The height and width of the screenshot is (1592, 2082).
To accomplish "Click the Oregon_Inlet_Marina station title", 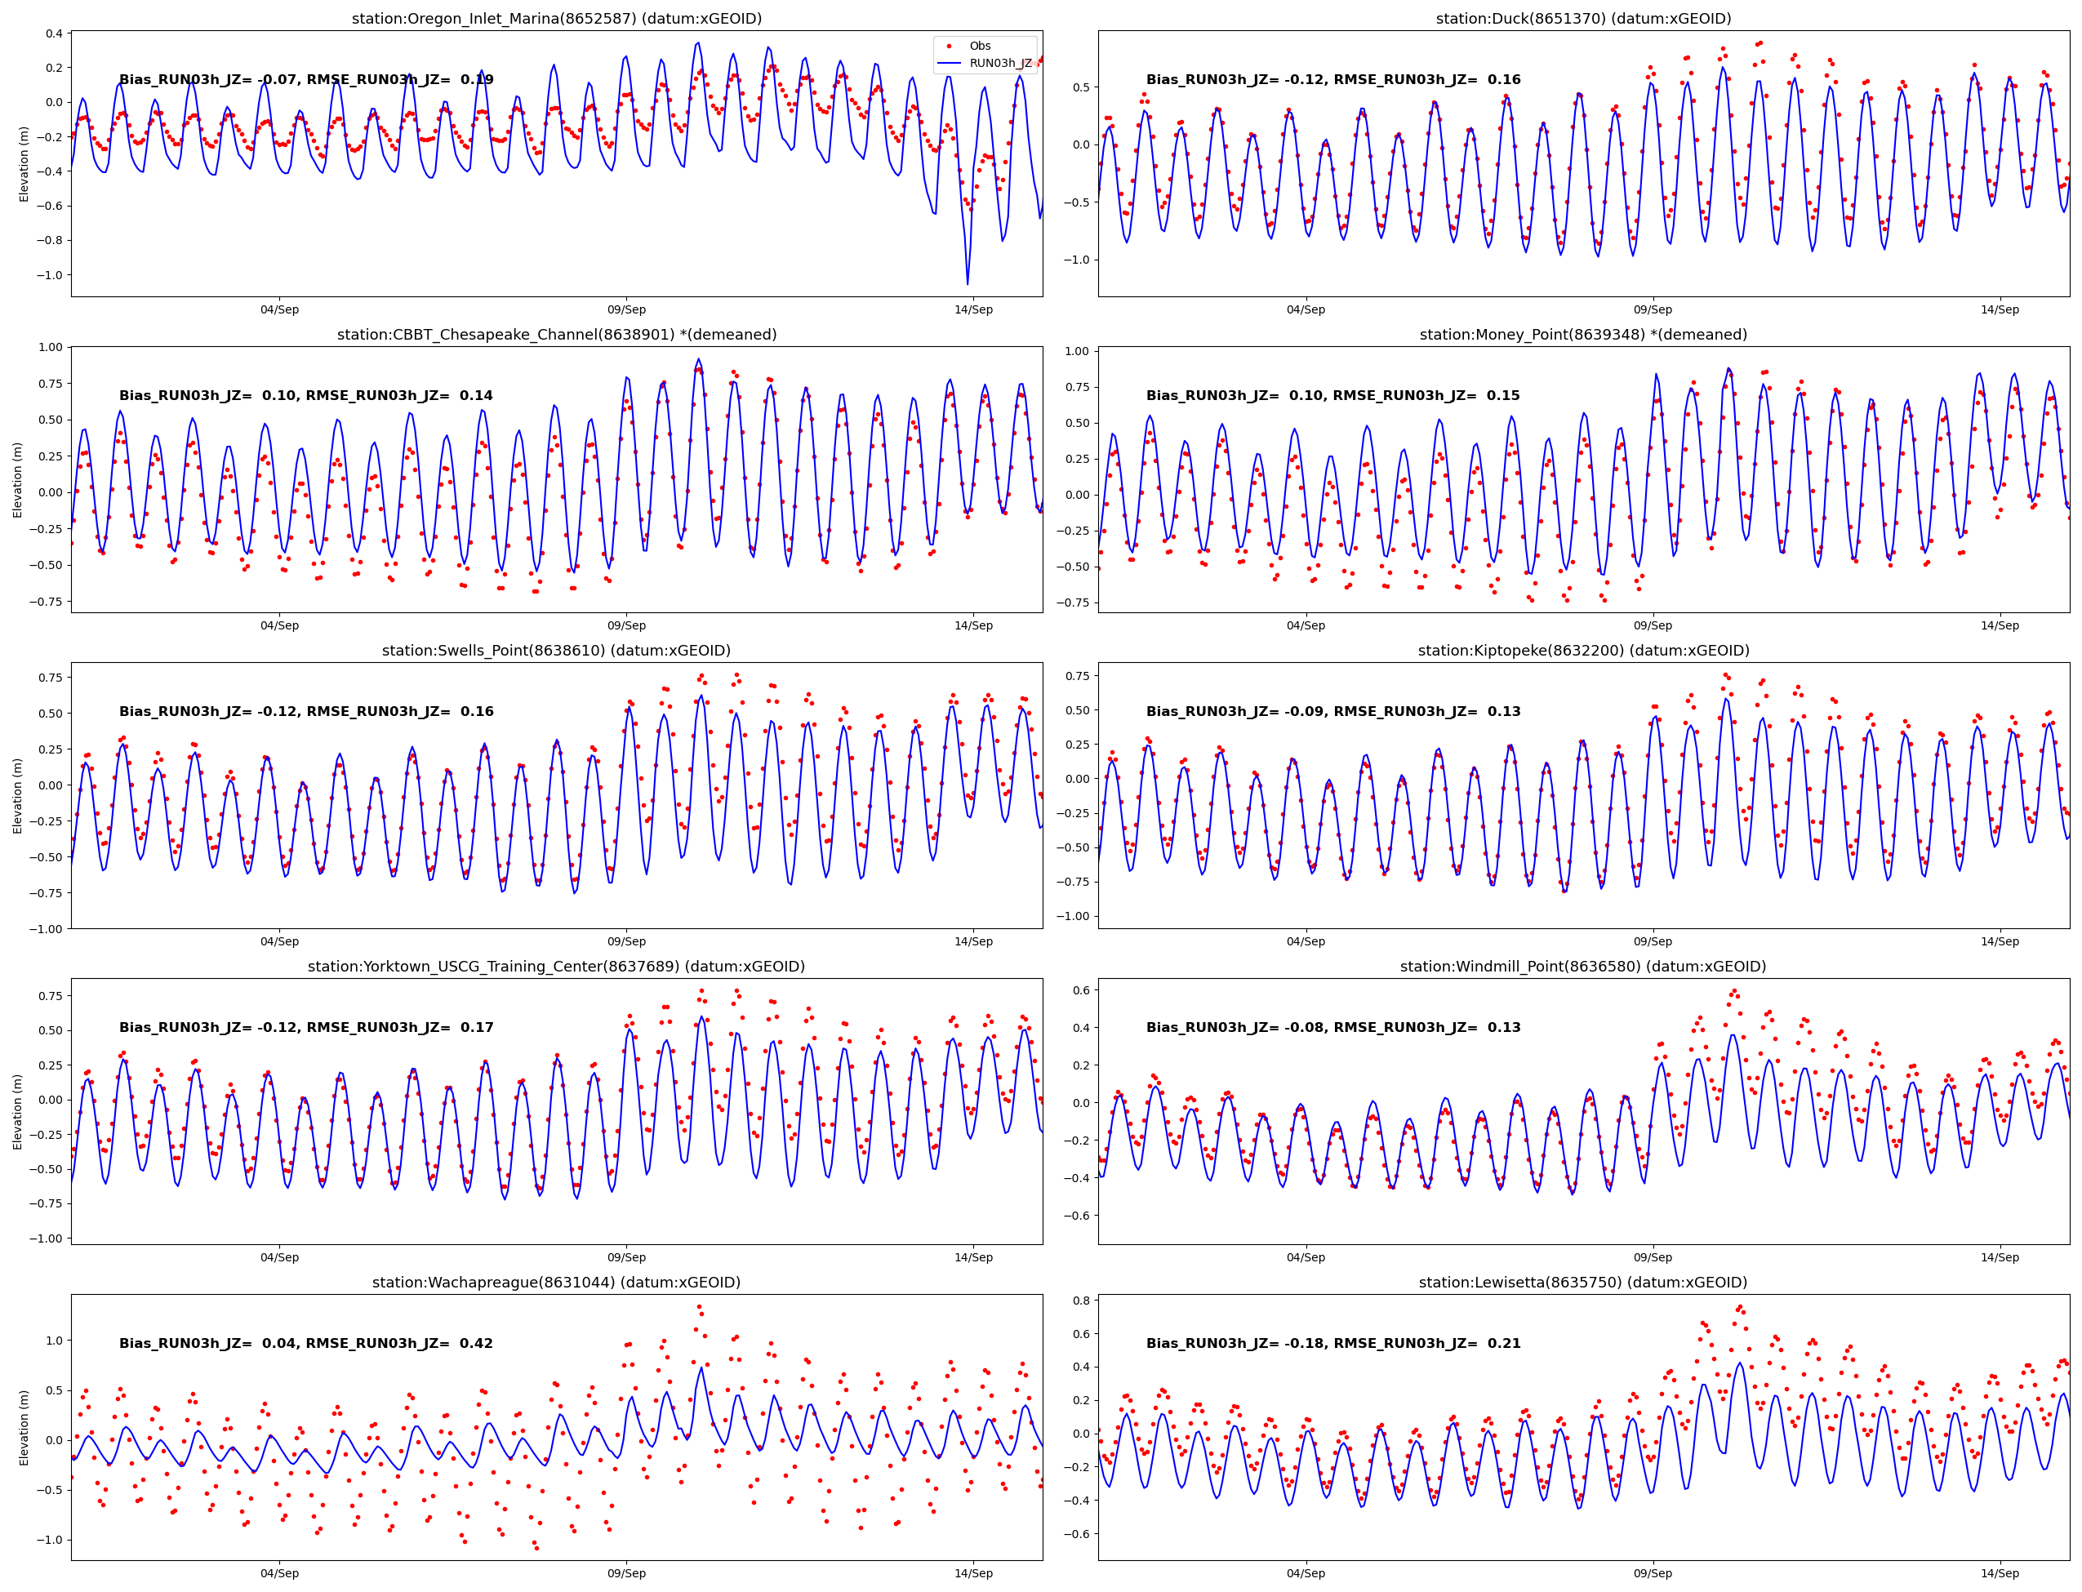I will pyautogui.click(x=556, y=19).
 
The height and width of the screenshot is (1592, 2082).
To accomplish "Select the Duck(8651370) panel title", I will pyautogui.click(x=1582, y=19).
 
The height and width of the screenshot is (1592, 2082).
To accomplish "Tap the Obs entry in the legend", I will pyautogui.click(x=979, y=46).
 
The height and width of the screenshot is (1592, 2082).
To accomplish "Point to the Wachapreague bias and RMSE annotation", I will pyautogui.click(x=305, y=1343).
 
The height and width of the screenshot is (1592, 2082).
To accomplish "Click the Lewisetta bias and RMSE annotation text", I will pyautogui.click(x=1332, y=1343).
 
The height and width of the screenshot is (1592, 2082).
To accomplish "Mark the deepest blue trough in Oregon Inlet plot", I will pyautogui.click(x=968, y=282).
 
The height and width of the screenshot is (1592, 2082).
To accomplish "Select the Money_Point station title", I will pyautogui.click(x=1582, y=335).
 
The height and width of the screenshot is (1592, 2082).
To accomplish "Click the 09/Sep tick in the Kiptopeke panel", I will pyautogui.click(x=1653, y=941).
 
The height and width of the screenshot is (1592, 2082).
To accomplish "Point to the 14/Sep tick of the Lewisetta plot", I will pyautogui.click(x=2000, y=1573).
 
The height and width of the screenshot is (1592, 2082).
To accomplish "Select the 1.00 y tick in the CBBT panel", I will pyautogui.click(x=49, y=347).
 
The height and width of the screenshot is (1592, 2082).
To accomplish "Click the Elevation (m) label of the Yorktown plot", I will pyautogui.click(x=17, y=1112).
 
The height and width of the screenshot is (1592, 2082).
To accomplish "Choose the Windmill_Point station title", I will pyautogui.click(x=1582, y=967).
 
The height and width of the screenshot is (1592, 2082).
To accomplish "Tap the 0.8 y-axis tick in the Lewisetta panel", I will pyautogui.click(x=1080, y=1300).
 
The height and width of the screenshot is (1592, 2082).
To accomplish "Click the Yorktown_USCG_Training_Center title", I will pyautogui.click(x=556, y=967).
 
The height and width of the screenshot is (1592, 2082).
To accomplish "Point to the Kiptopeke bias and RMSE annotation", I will pyautogui.click(x=1332, y=712).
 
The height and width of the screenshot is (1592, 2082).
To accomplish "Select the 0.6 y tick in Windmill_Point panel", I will pyautogui.click(x=1080, y=989).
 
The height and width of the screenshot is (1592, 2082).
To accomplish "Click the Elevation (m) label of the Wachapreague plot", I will pyautogui.click(x=24, y=1427).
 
